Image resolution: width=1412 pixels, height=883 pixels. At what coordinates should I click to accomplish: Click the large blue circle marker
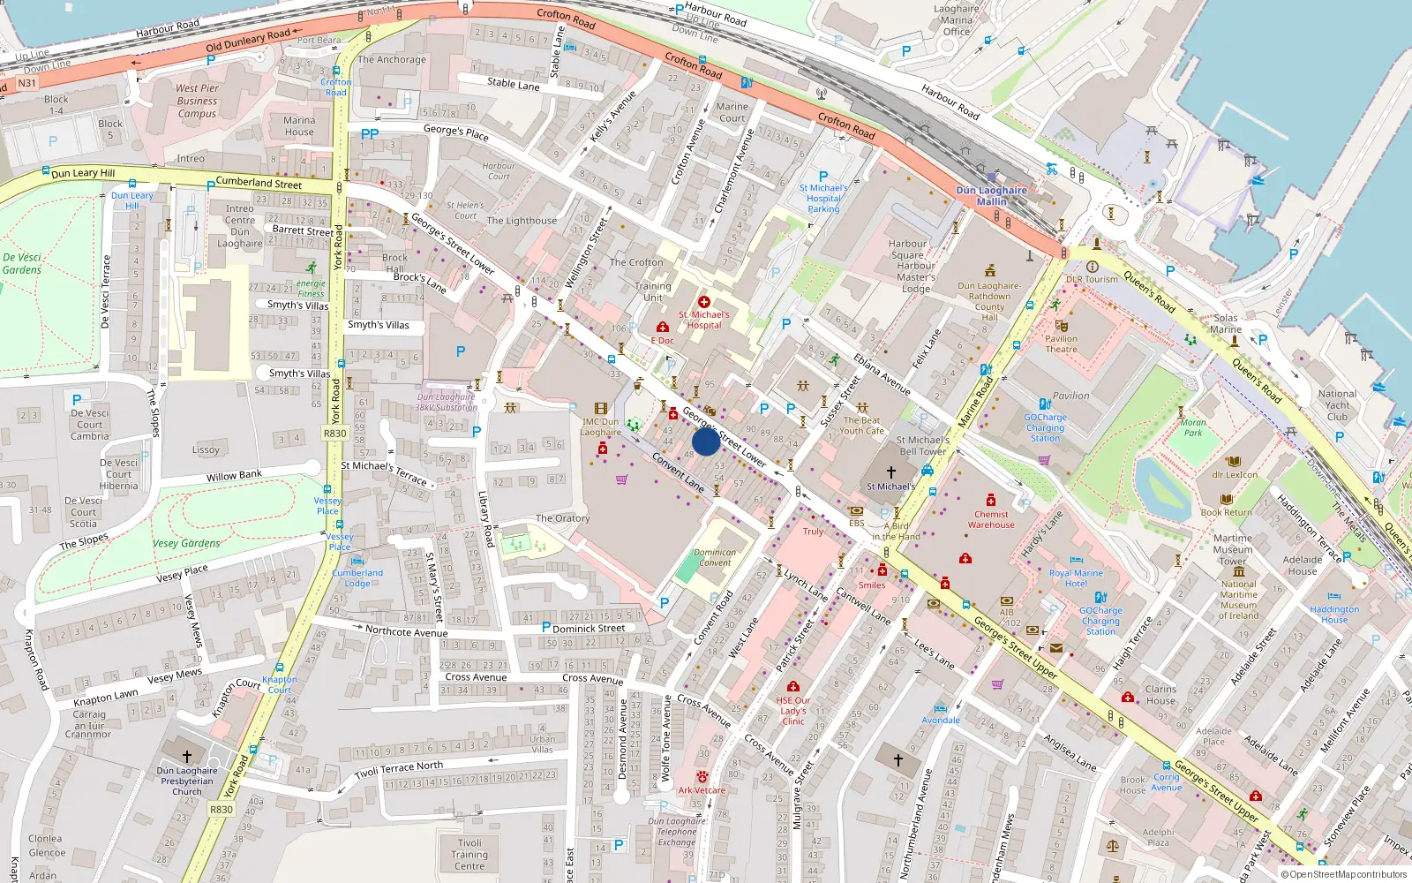(x=705, y=441)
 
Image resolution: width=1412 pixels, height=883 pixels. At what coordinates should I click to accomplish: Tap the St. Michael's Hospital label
(x=703, y=320)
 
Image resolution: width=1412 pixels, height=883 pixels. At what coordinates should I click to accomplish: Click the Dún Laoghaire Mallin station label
(x=991, y=196)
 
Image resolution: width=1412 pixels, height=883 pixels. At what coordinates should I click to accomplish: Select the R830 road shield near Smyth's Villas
(x=334, y=434)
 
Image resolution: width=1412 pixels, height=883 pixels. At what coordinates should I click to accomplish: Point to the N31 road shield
(x=27, y=83)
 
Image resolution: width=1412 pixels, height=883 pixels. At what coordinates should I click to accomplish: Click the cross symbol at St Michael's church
(x=891, y=472)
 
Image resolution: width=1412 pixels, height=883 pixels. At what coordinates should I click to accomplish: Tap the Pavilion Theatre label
(x=1061, y=343)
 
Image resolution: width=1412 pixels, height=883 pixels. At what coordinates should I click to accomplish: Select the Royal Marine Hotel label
(x=1076, y=578)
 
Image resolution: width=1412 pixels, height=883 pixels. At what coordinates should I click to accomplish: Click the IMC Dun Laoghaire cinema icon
(x=601, y=409)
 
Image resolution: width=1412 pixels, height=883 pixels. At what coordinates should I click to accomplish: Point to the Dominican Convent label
(x=715, y=557)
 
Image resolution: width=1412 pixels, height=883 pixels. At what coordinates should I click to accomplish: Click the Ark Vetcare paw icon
(x=702, y=776)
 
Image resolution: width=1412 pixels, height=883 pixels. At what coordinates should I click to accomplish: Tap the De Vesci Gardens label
(x=22, y=264)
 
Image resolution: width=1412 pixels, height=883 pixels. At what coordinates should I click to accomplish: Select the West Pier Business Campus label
(x=197, y=101)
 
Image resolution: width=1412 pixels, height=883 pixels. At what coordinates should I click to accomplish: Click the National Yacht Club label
(x=1337, y=405)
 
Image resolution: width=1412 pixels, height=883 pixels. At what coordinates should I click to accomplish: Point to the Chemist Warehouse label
(x=991, y=519)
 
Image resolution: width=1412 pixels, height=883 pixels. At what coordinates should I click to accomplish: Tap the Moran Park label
(x=1193, y=428)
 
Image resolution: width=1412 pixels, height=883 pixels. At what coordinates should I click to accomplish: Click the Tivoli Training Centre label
(x=469, y=854)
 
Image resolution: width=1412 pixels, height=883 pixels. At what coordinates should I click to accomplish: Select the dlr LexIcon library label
(x=1235, y=474)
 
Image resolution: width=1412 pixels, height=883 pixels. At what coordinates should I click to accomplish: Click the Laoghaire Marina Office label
(x=957, y=20)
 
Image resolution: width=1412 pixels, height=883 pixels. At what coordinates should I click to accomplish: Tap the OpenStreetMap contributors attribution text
(x=1344, y=874)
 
